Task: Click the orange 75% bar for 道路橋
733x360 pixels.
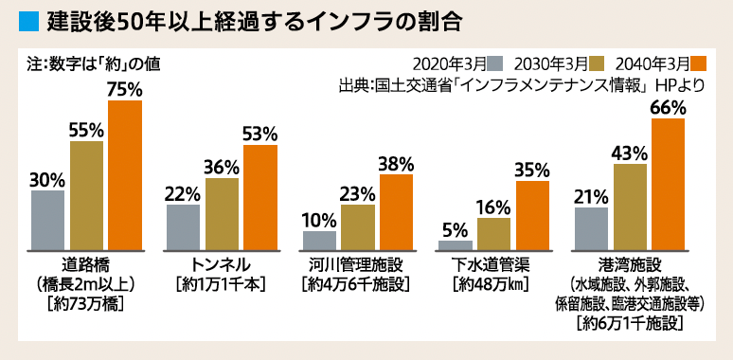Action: tap(125, 174)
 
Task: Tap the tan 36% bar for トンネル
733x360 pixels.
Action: tap(222, 213)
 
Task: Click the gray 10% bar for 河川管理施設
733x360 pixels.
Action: tap(319, 240)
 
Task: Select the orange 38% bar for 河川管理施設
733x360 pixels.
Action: tap(397, 211)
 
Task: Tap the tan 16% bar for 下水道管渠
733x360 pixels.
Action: tap(494, 233)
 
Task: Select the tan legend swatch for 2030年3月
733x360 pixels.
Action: tap(598, 64)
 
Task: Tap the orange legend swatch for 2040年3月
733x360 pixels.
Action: tap(700, 64)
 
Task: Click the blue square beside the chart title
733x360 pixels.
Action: tap(27, 19)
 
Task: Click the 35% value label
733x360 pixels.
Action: tap(532, 170)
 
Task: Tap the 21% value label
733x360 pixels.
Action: tap(591, 196)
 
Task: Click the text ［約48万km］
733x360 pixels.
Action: tap(493, 283)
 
